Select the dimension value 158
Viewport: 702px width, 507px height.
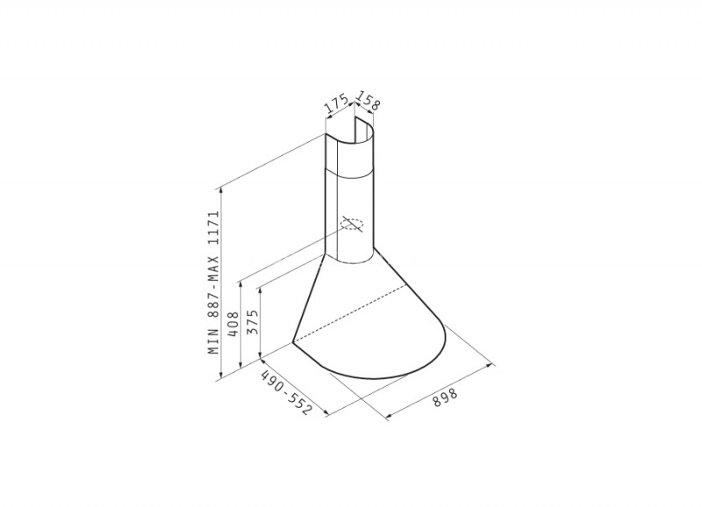coord(369,101)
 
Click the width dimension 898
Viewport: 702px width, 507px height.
coord(446,397)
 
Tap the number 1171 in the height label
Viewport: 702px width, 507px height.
coord(214,227)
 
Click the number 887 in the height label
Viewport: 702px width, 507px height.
coord(214,306)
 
